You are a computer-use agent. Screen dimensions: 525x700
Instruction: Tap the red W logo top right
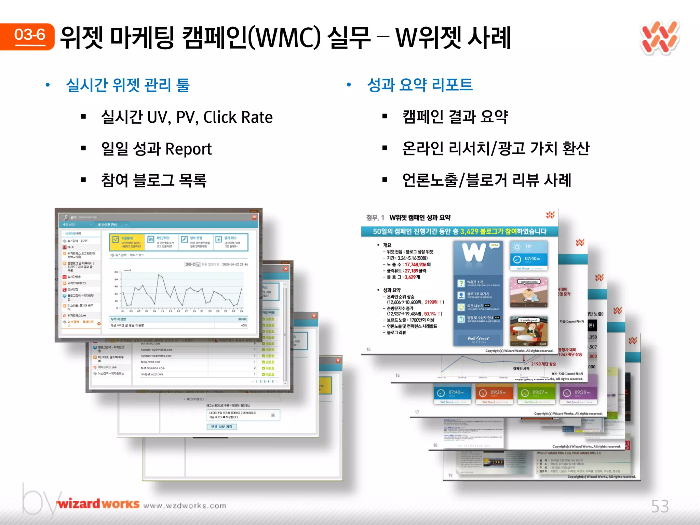tap(660, 38)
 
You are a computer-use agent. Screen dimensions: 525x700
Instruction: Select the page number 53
tap(660, 506)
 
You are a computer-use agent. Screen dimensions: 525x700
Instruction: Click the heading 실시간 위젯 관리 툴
tap(127, 85)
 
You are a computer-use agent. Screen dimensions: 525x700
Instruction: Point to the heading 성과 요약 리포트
tap(420, 85)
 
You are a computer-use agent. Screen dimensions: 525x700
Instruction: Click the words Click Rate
tap(238, 117)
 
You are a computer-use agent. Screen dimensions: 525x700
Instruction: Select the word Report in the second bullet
tap(188, 149)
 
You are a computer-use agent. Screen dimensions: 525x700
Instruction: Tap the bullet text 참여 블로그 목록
tap(154, 180)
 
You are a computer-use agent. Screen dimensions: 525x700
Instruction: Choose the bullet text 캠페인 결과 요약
tap(455, 117)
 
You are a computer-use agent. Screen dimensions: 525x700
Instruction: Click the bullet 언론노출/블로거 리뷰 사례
tap(487, 180)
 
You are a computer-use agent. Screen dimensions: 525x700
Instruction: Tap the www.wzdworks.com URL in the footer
tap(185, 506)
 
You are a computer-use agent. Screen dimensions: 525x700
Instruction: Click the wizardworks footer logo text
tap(98, 504)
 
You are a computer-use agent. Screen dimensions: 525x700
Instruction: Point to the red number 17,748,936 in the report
tap(416, 265)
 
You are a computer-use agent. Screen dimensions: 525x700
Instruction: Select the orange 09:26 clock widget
tap(494, 393)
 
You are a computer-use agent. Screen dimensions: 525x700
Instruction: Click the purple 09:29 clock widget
tap(578, 393)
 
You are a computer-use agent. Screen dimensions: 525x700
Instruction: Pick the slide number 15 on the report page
tap(368, 349)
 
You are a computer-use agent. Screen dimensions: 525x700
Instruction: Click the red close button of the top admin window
tap(254, 217)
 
